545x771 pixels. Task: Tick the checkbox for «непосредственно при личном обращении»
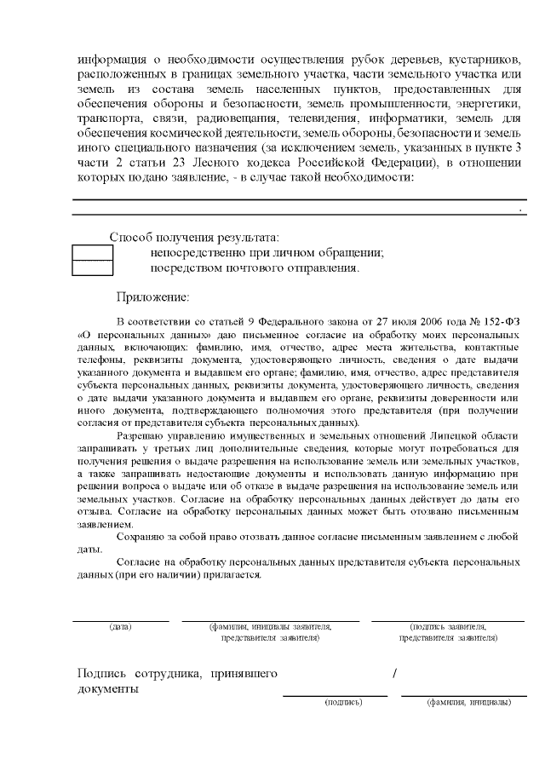(x=92, y=252)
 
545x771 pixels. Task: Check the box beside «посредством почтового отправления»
(x=92, y=268)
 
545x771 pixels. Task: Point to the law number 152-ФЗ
(x=496, y=323)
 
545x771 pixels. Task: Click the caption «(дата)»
(x=120, y=627)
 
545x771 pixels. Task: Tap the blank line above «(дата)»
(x=120, y=621)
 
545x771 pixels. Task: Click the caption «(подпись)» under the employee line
(x=343, y=703)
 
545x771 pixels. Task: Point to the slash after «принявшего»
(x=395, y=674)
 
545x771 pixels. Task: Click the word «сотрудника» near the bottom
(x=165, y=674)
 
